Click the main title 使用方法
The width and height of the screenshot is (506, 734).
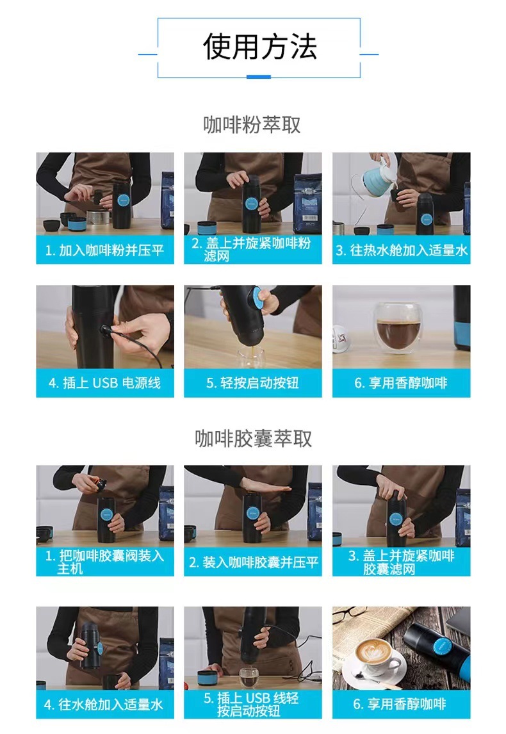point(260,47)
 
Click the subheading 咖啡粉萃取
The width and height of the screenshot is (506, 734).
point(252,125)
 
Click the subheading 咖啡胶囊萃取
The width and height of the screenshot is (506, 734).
point(253,439)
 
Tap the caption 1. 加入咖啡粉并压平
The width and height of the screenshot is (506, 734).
point(104,250)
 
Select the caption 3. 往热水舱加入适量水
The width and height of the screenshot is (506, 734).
point(402,250)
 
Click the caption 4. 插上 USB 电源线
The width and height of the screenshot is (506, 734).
point(104,383)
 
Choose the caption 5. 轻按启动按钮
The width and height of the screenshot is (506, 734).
point(252,383)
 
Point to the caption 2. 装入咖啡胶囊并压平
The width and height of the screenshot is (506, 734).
point(253,562)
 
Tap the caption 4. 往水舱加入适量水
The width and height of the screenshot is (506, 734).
point(104,705)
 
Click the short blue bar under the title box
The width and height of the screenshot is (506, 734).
point(258,77)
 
